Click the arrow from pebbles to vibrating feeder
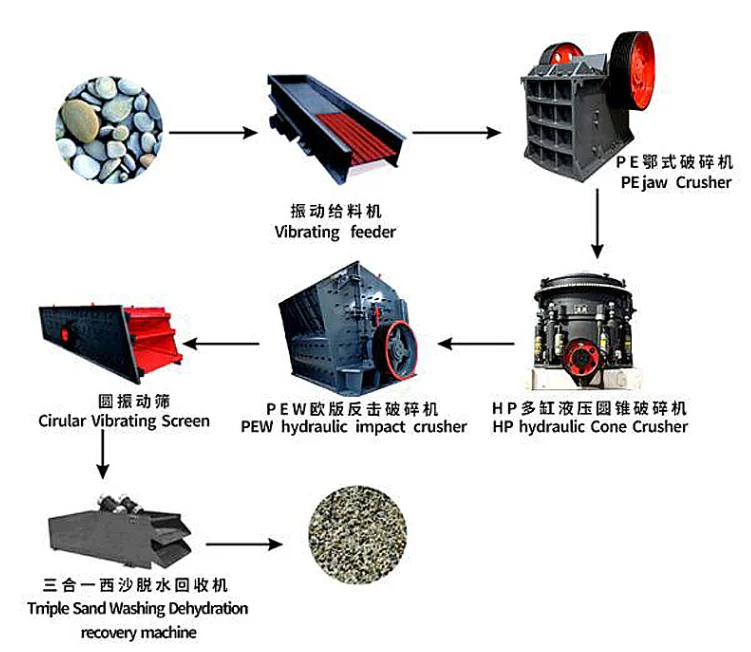click(214, 131)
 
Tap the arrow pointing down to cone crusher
click(598, 224)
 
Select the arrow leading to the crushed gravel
click(242, 545)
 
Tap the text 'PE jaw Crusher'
click(676, 183)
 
